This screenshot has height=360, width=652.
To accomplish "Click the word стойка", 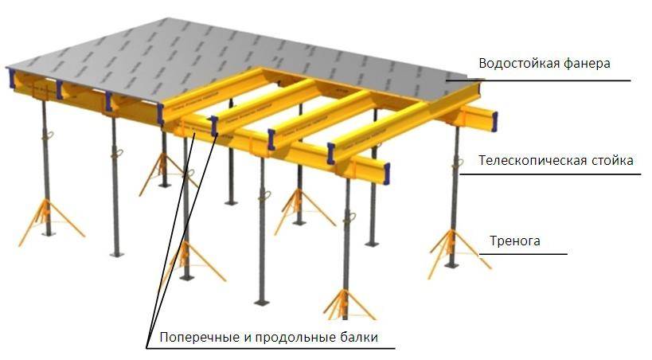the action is [611, 160].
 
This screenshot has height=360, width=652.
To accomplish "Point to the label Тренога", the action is [515, 241].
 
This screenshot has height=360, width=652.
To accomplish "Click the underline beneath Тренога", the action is [523, 253].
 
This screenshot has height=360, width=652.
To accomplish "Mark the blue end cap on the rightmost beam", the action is [494, 122].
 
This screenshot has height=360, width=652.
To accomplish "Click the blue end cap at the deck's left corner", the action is [12, 79].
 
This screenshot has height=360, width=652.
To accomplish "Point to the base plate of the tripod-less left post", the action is [117, 253].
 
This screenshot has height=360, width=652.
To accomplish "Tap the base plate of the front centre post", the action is [262, 302].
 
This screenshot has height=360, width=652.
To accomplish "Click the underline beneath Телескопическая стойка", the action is [550, 174].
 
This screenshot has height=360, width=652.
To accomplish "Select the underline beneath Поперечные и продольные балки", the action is [271, 349].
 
